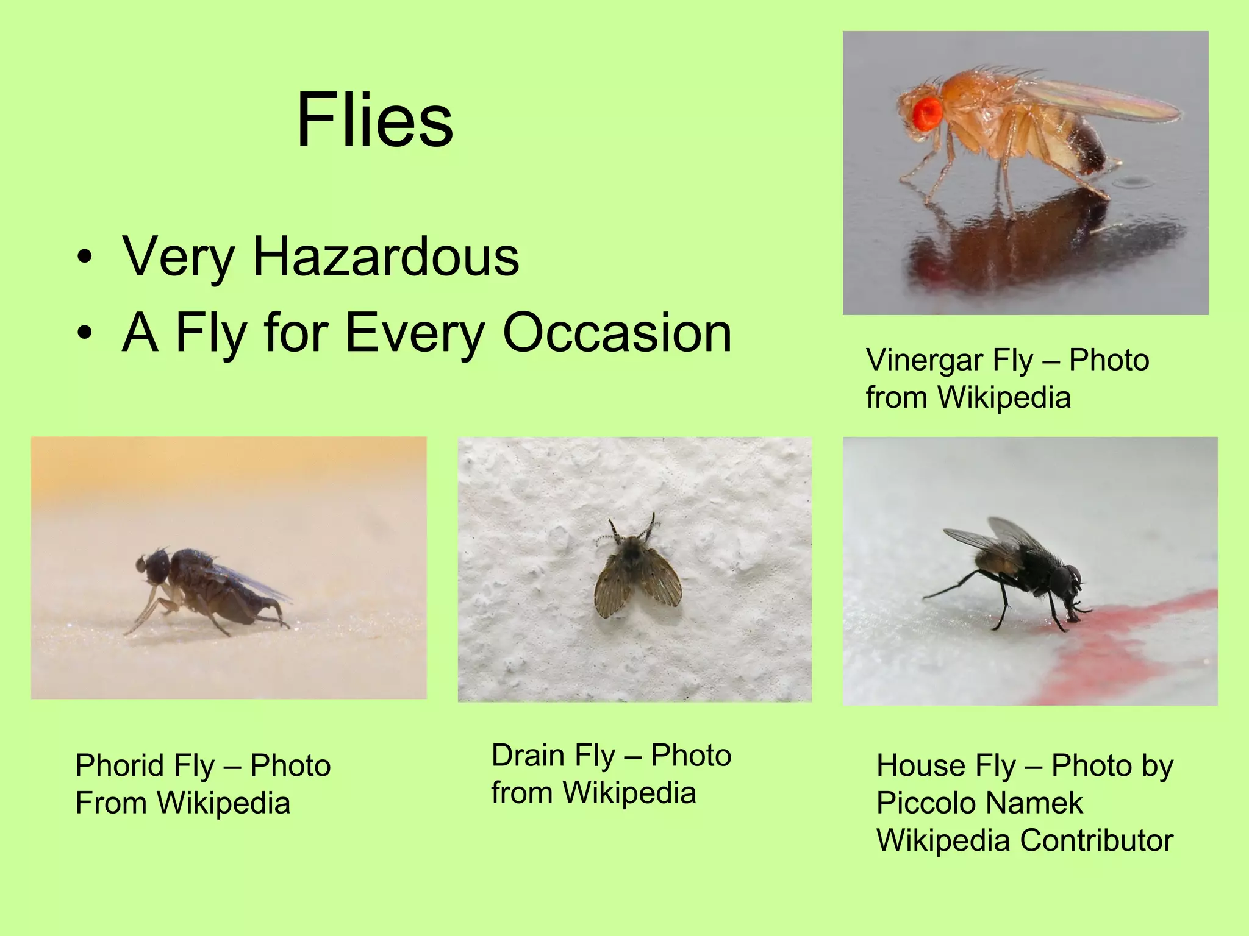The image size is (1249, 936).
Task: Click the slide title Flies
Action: coord(374,120)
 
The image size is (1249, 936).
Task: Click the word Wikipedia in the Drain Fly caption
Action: coord(629,793)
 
